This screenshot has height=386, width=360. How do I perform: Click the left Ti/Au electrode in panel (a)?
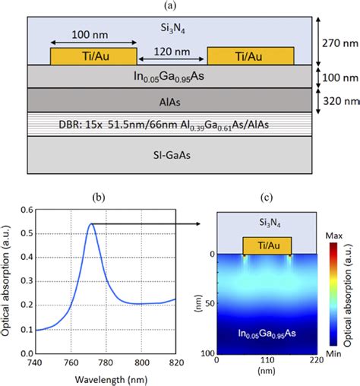pos(93,56)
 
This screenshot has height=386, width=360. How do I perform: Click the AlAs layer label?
pos(172,99)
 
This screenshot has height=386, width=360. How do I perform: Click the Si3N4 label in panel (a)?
pos(172,27)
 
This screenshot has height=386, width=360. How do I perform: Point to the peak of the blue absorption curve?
pos(92,223)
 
